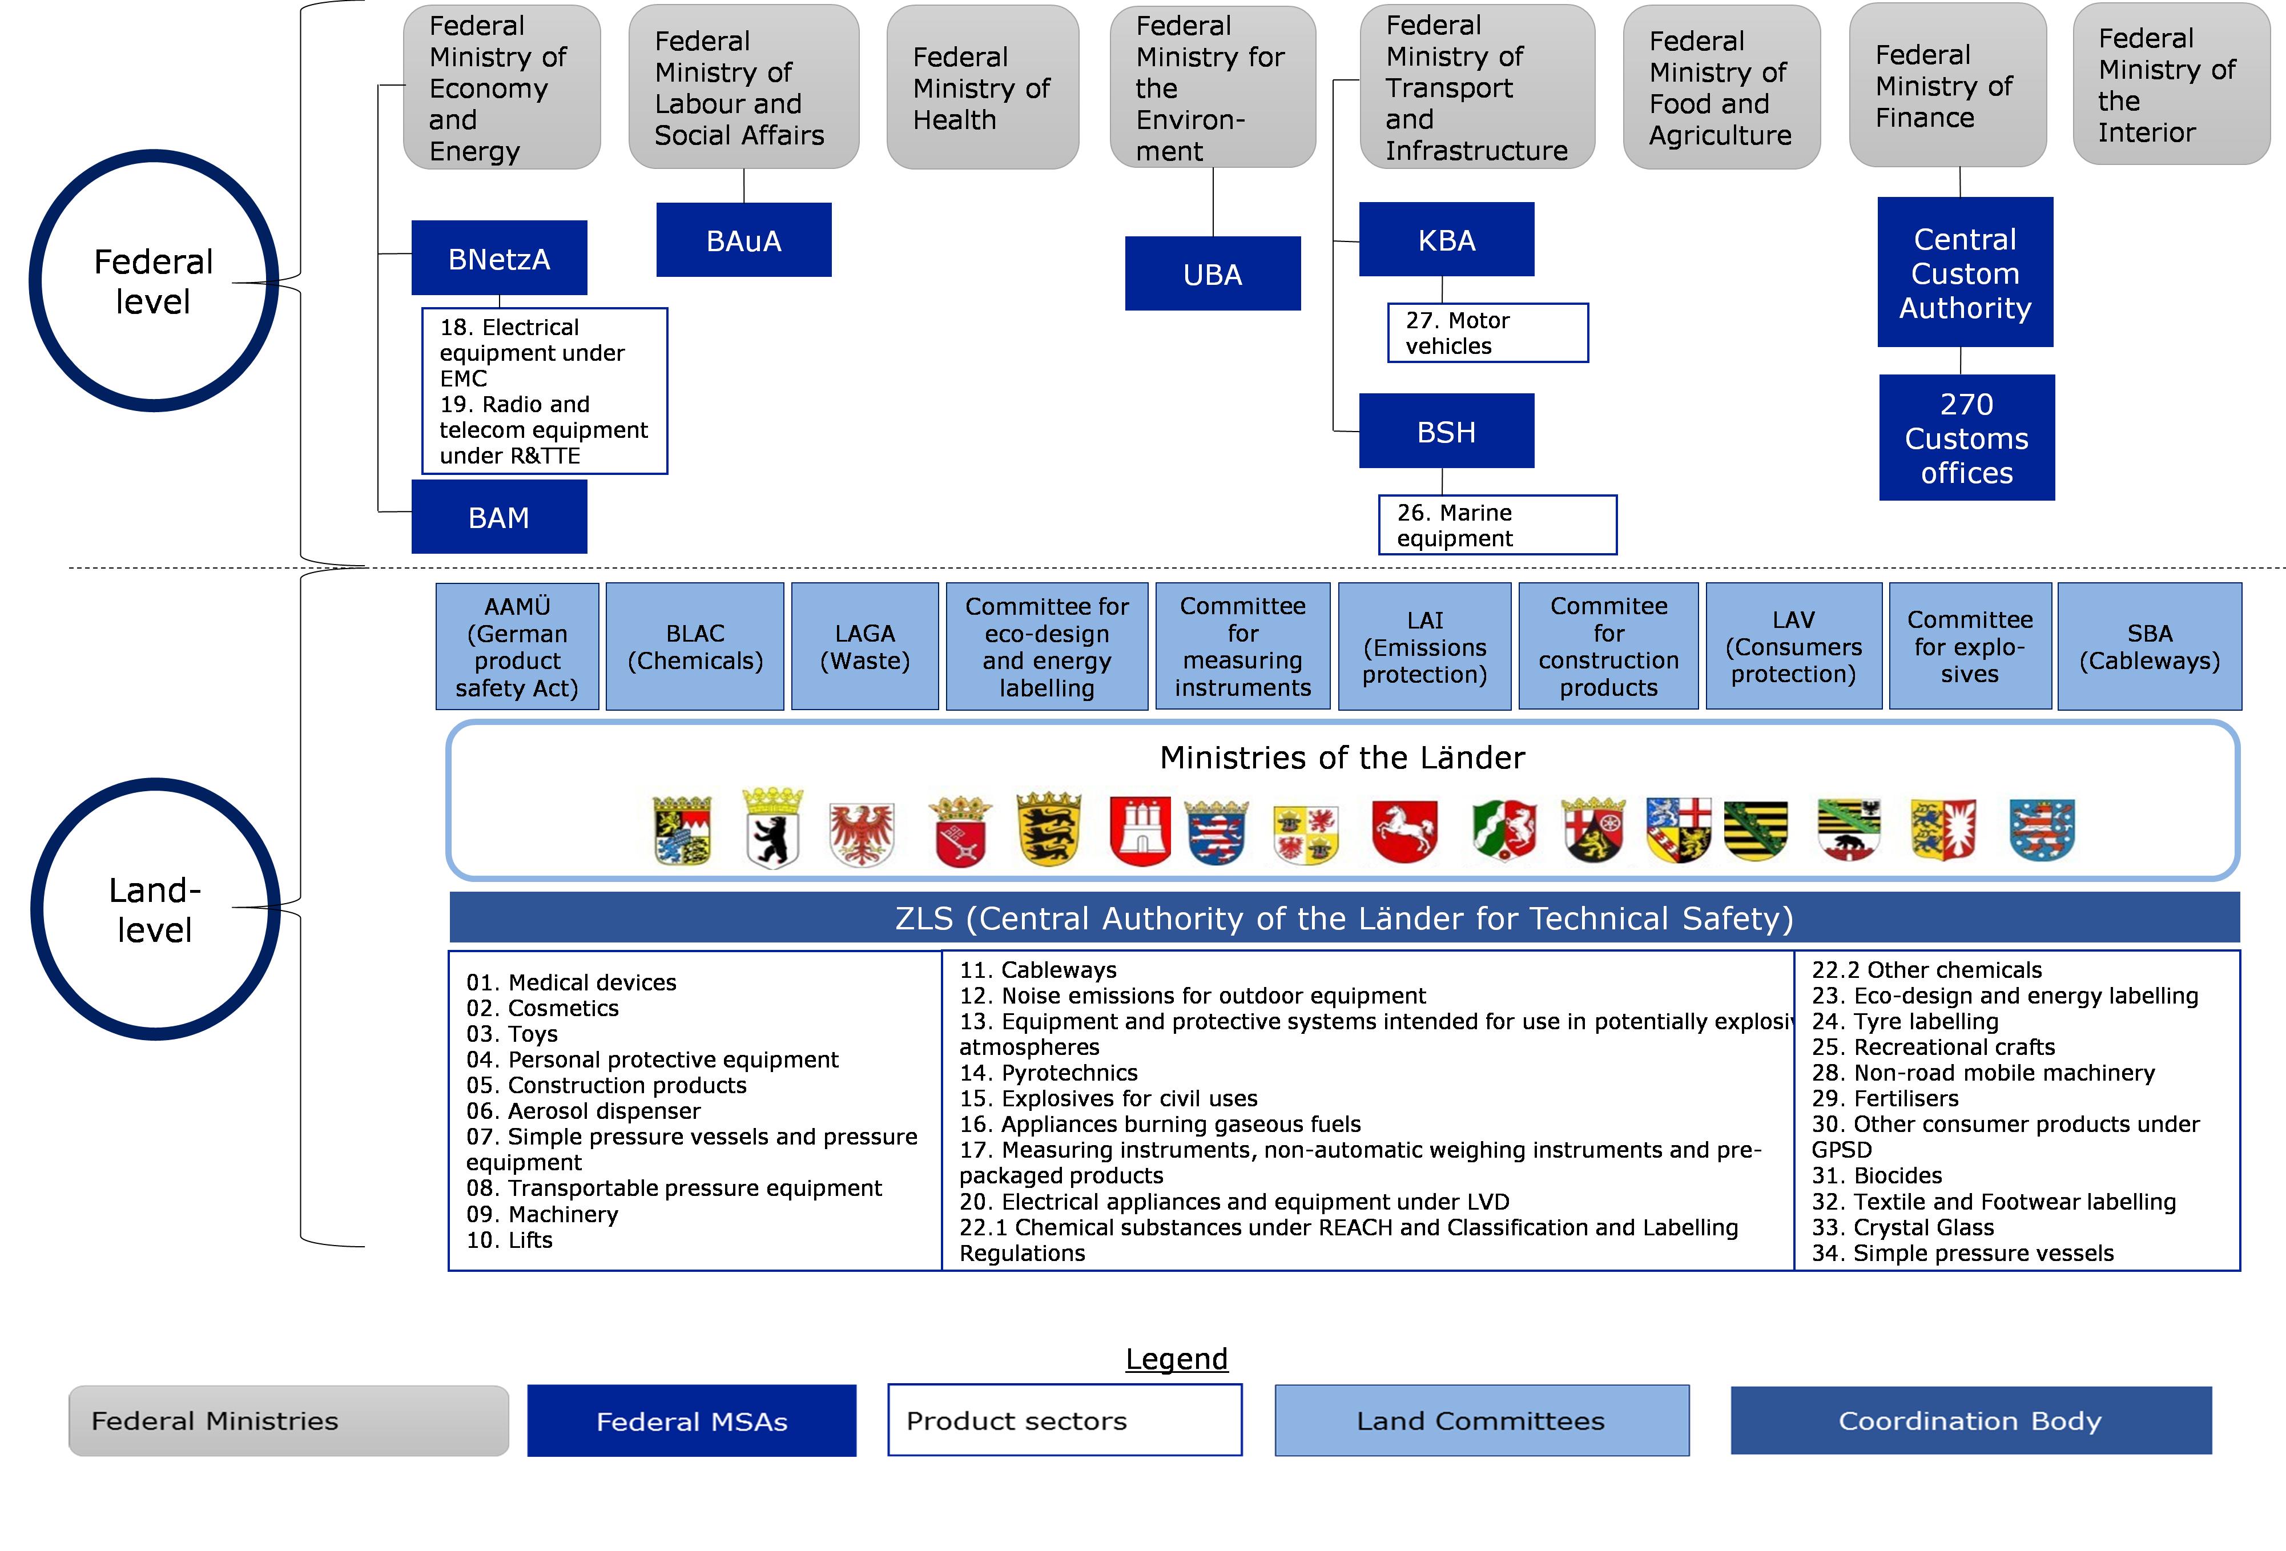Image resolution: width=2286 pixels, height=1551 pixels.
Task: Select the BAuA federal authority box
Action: coord(744,240)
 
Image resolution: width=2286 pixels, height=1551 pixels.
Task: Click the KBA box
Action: coord(1446,239)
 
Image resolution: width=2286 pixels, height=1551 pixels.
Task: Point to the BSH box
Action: coord(1446,431)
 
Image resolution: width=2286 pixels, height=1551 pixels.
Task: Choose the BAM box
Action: coord(499,517)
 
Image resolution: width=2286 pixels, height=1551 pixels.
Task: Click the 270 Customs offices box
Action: coord(1966,438)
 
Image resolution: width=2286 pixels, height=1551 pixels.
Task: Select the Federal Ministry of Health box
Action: coord(981,87)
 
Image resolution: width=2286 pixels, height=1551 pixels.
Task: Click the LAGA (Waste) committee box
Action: coord(864,646)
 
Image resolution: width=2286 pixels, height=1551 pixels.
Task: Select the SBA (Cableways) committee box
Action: coord(2150,646)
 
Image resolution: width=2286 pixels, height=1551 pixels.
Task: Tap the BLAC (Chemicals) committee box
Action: coord(694,646)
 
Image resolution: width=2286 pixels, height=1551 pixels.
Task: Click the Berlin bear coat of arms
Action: coord(772,828)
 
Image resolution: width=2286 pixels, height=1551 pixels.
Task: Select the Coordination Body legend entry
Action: coord(1970,1420)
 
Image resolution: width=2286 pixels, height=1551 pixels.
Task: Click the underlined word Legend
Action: coord(1177,1358)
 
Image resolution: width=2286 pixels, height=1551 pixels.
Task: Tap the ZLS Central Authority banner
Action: coord(1343,917)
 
